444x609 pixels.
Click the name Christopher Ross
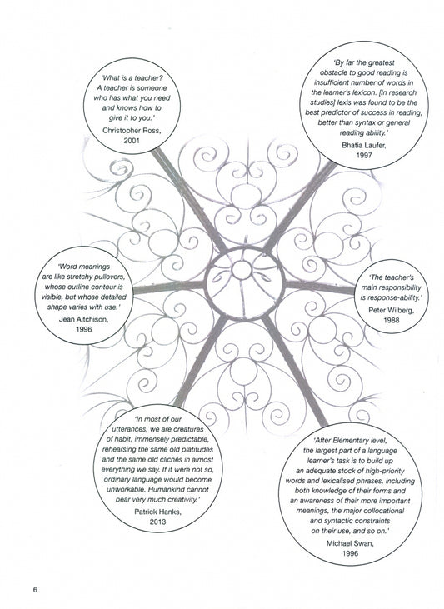[132, 131]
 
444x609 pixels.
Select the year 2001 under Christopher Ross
[132, 141]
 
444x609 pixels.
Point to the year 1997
[363, 155]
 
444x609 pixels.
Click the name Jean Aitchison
[83, 319]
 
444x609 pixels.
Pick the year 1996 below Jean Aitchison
[83, 329]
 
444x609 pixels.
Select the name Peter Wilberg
[392, 310]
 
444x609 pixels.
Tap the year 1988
[392, 320]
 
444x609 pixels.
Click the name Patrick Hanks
[157, 512]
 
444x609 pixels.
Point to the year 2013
[157, 522]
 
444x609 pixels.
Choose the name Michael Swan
[350, 543]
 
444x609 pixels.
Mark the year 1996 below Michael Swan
[350, 553]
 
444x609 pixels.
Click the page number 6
[35, 590]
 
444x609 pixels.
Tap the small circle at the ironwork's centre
[242, 270]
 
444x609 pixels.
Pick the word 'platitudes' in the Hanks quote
[197, 449]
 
